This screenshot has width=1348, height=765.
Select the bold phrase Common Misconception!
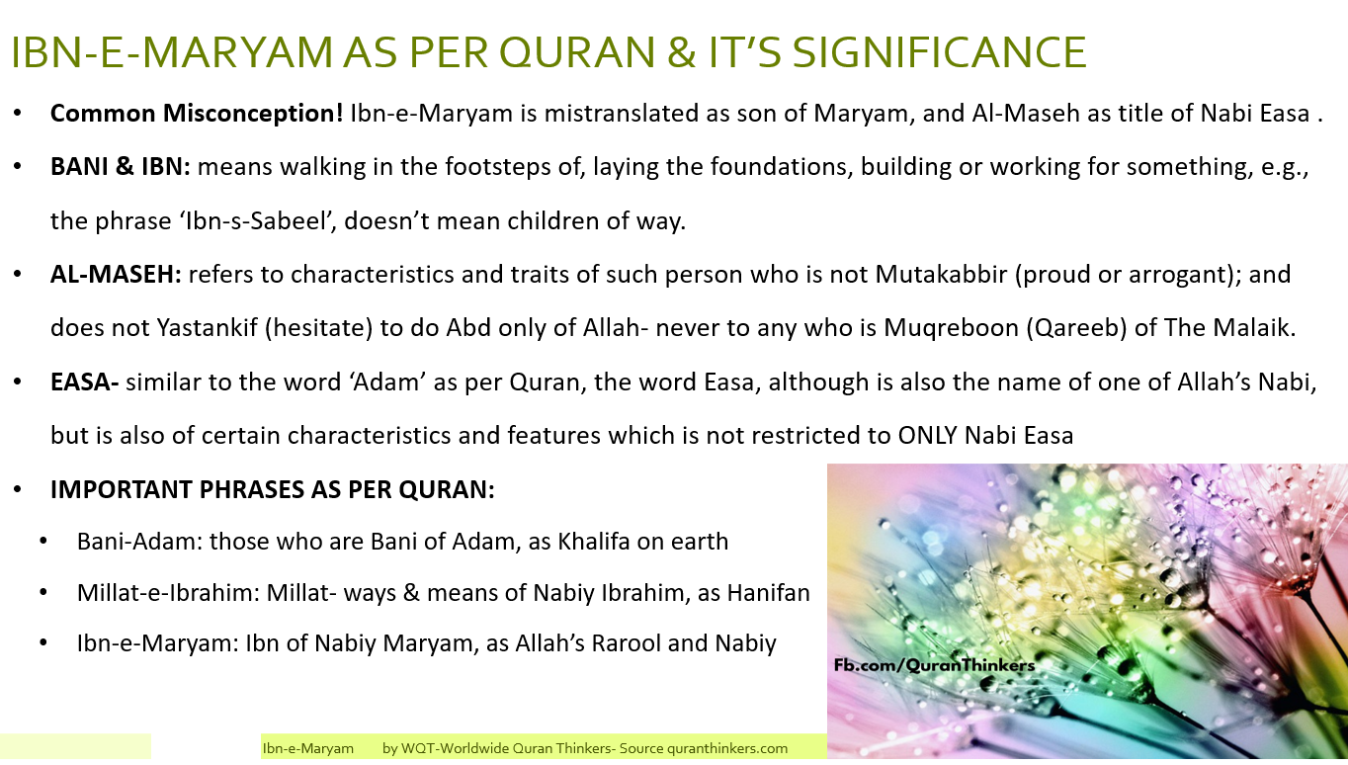[197, 114]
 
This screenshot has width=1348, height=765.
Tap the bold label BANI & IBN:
[121, 166]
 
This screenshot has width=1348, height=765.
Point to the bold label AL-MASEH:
[116, 274]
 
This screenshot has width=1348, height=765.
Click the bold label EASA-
[85, 382]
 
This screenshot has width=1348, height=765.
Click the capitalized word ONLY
[931, 435]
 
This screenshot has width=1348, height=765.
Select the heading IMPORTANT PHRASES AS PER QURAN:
[273, 489]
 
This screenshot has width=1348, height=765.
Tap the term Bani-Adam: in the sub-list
[139, 542]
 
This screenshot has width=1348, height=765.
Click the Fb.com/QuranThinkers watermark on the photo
[933, 665]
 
